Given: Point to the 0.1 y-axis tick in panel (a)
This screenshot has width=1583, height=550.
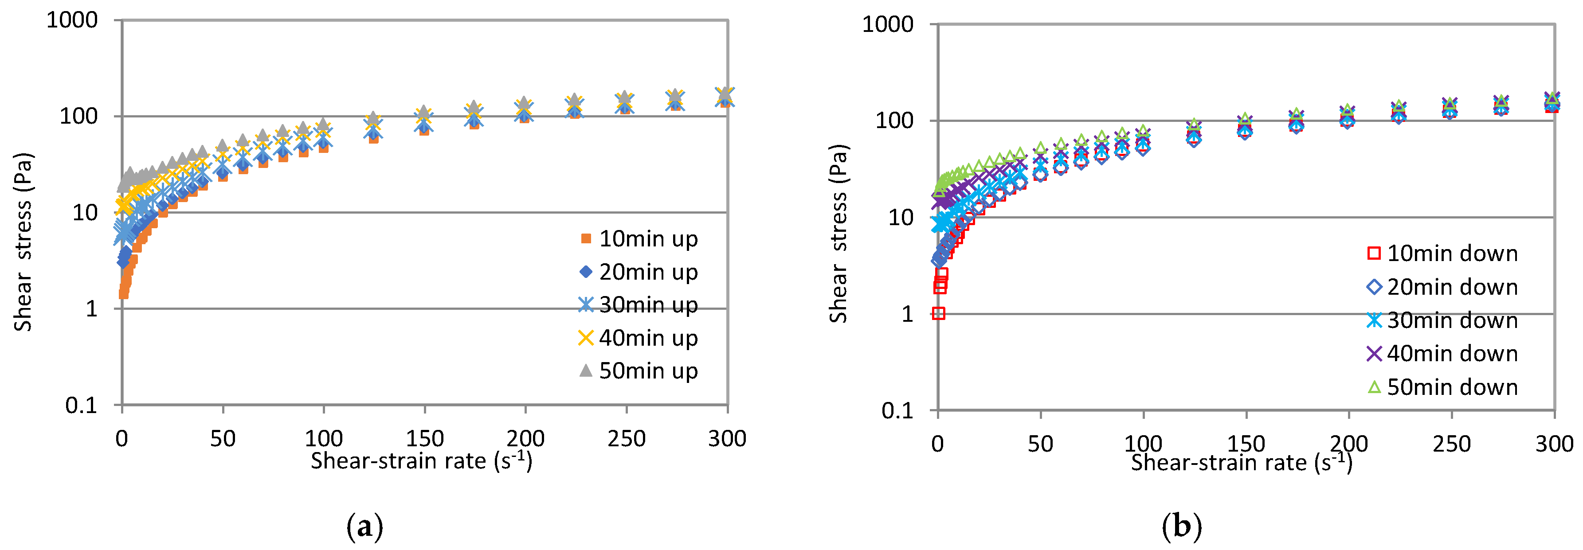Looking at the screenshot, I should (81, 405).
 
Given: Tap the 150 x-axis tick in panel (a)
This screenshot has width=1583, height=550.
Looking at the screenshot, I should (425, 439).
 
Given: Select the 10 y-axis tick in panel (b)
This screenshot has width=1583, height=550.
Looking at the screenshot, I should (901, 218).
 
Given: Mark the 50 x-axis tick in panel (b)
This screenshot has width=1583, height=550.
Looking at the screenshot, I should (1040, 444).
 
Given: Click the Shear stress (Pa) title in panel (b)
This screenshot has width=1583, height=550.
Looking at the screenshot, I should (838, 234).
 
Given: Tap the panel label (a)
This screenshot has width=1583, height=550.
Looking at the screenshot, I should (365, 527).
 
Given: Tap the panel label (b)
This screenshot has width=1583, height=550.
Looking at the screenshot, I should (1181, 527).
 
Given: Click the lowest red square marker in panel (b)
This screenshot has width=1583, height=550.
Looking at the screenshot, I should (938, 313).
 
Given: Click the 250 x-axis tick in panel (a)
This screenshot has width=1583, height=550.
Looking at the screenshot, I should (626, 439).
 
